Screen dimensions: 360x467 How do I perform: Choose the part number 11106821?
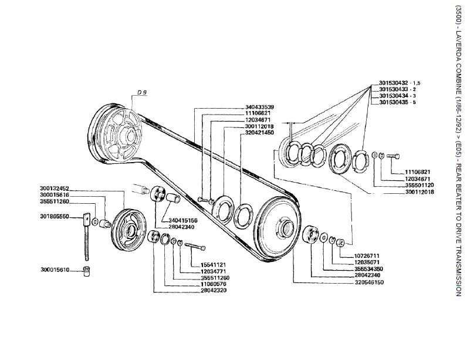[x=418, y=172]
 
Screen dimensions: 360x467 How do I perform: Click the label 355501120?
[x=418, y=185]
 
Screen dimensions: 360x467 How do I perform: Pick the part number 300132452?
[x=55, y=189]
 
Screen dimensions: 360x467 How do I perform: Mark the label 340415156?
[x=184, y=220]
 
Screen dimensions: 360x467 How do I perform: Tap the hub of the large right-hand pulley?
[x=285, y=228]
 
